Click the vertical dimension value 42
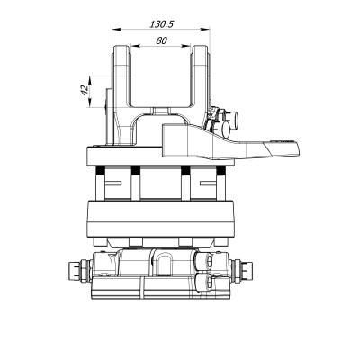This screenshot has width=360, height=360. pyautogui.click(x=84, y=91)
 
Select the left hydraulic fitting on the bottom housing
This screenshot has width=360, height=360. pyautogui.click(x=78, y=268)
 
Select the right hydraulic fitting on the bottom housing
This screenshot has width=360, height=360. pyautogui.click(x=244, y=268)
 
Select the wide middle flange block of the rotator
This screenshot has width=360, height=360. pyautogui.click(x=161, y=217)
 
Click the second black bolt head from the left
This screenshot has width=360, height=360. pyautogui.click(x=135, y=172)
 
